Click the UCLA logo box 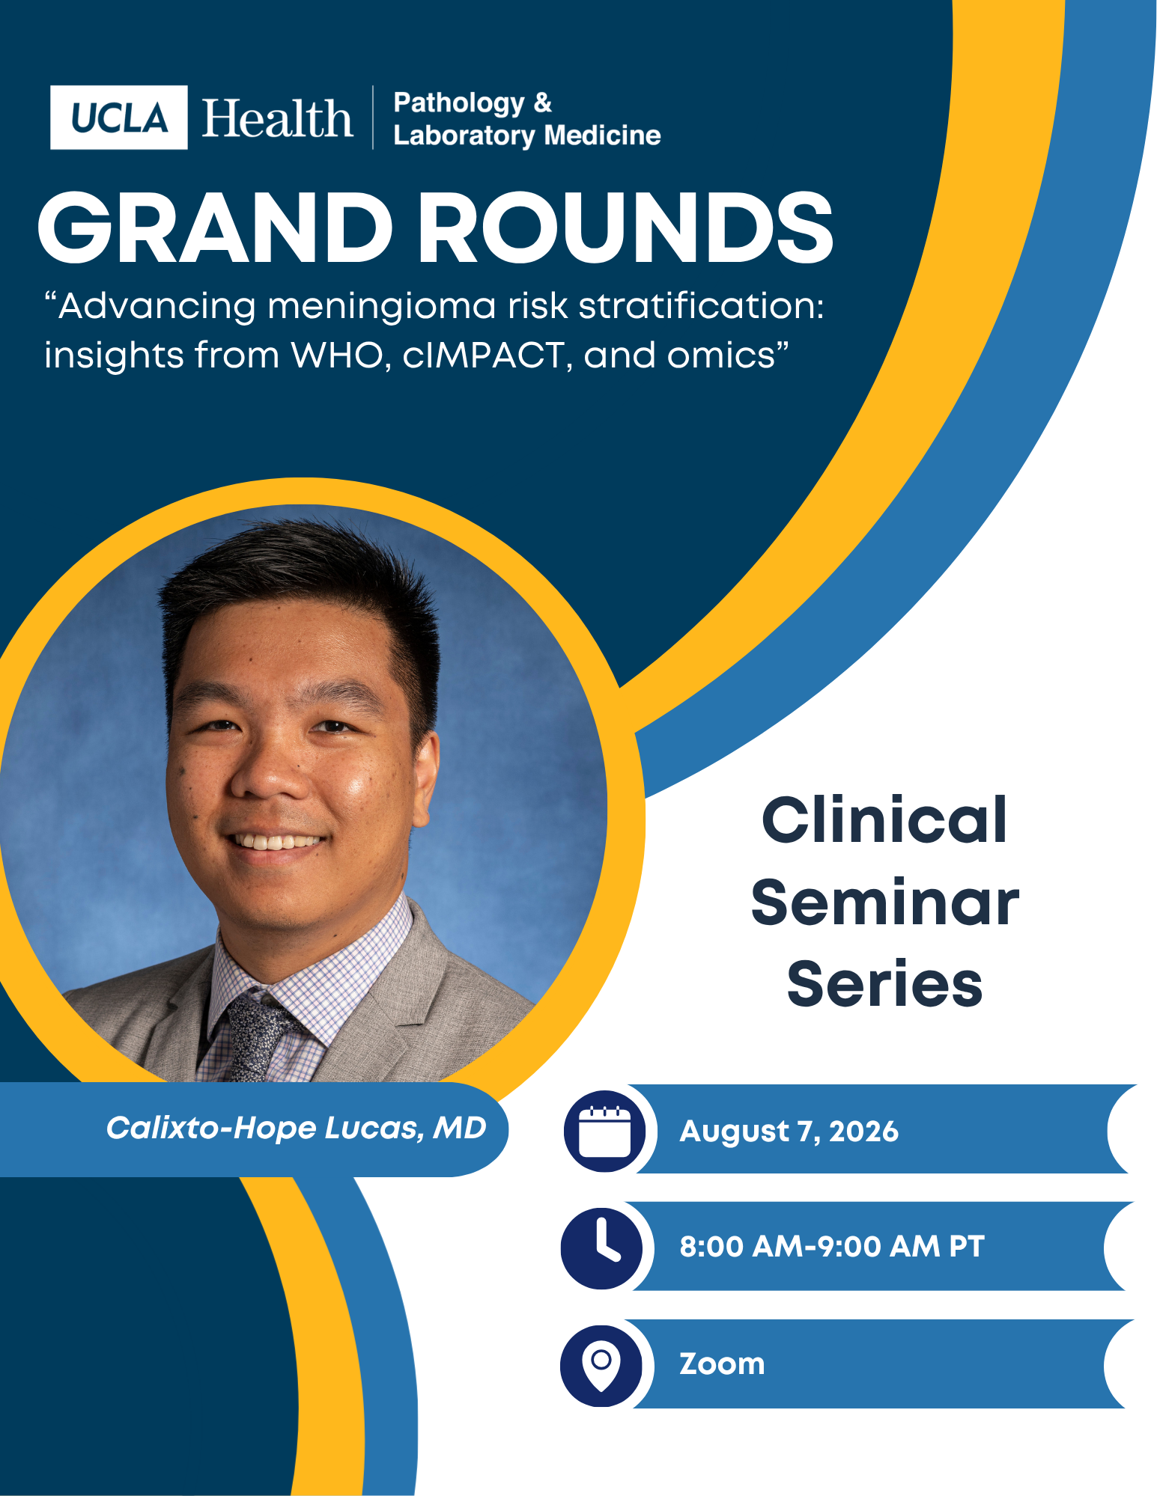(x=118, y=117)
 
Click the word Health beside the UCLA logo (x=277, y=118)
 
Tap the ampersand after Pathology (x=543, y=102)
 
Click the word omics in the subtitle (x=720, y=355)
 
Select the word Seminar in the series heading (x=885, y=903)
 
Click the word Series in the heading (x=884, y=983)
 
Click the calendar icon (x=605, y=1130)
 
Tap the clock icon (x=601, y=1248)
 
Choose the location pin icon (x=601, y=1365)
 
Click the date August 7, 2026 (x=789, y=1131)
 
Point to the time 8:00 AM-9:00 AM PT (x=831, y=1247)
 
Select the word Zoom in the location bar (x=722, y=1364)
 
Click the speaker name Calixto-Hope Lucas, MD (x=297, y=1128)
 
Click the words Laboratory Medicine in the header (x=527, y=135)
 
